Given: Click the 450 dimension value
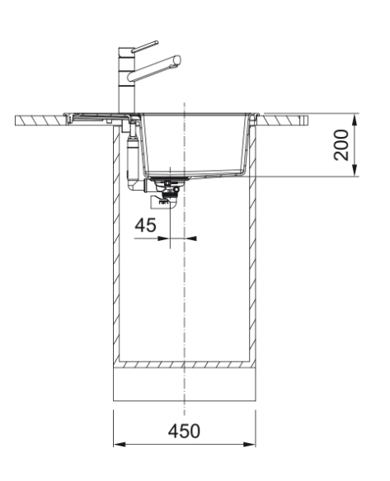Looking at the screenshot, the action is point(184,431).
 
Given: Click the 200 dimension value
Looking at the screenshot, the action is point(341,145).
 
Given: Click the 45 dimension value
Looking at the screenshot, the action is point(145,225).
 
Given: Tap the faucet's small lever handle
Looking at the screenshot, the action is point(145,47).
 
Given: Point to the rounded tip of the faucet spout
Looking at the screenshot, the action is point(177,60).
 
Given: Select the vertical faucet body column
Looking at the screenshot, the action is point(126,80).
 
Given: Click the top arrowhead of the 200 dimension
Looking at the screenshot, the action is point(355,119).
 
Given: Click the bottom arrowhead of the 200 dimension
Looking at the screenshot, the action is point(355,171).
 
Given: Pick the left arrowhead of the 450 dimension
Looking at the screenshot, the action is point(120,444).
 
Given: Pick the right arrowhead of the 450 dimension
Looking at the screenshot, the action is point(250,444).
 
